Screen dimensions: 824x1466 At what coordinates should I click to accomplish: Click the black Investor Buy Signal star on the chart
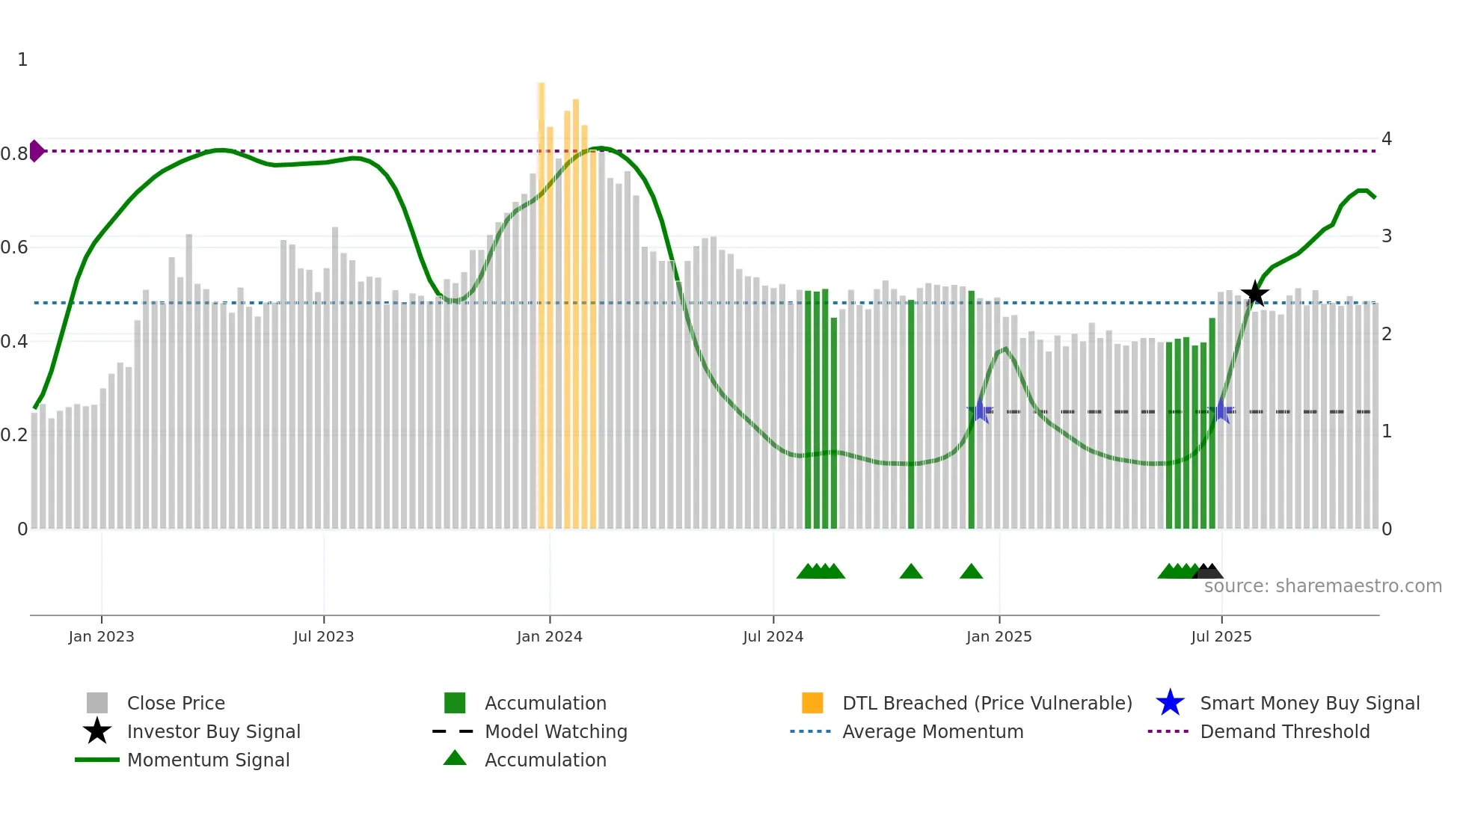[1255, 293]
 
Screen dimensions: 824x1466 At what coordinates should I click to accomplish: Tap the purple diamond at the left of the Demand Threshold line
[36, 151]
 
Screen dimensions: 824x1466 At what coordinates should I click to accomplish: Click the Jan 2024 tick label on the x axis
[549, 637]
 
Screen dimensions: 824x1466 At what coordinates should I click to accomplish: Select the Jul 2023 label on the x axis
[323, 637]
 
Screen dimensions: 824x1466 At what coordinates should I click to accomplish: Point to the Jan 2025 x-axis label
[999, 637]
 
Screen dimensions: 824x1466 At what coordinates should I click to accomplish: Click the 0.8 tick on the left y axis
[14, 154]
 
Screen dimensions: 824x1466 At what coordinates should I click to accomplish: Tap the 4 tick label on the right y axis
[1387, 139]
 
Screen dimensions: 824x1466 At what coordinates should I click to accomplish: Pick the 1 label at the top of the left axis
[22, 60]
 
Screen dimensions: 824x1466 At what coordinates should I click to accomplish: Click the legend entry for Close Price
[176, 704]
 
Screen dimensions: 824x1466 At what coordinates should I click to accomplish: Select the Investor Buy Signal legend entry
[213, 732]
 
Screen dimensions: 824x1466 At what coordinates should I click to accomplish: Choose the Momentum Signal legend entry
[208, 760]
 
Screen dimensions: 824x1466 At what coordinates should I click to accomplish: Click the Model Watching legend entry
[556, 732]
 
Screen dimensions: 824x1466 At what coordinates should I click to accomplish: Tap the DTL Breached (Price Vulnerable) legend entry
[987, 704]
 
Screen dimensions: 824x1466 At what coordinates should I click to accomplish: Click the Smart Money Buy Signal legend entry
[1309, 704]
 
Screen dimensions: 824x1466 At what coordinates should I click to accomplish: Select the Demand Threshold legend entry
[1284, 732]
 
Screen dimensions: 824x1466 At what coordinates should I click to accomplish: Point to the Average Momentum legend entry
[933, 732]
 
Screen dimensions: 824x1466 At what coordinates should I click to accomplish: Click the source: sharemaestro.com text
[1322, 586]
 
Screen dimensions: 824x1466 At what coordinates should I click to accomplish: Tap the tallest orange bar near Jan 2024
[542, 299]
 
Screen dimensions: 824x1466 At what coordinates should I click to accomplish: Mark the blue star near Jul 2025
[1222, 411]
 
